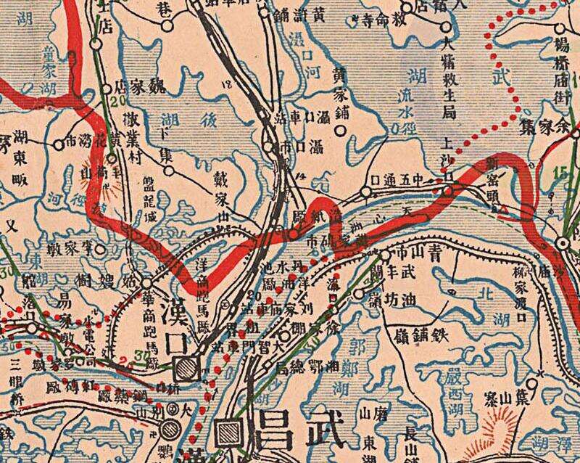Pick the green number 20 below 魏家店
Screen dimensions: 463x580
coord(118,102)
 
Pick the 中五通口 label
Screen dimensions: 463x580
coord(404,177)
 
